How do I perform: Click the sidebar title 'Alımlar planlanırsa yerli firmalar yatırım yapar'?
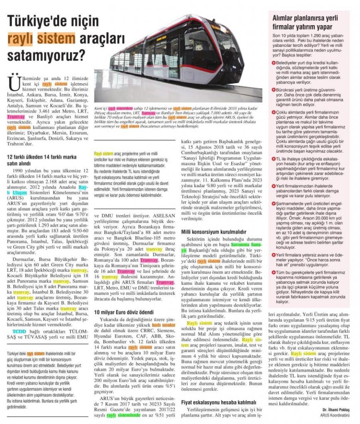tap(305, 22)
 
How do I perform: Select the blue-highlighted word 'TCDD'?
tap(19, 332)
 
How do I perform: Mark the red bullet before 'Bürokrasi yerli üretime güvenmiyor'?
tap(274, 89)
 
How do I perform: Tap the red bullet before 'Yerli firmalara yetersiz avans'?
tap(274, 254)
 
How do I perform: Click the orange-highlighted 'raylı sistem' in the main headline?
tap(41, 38)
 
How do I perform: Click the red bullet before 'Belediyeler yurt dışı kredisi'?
tap(274, 62)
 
